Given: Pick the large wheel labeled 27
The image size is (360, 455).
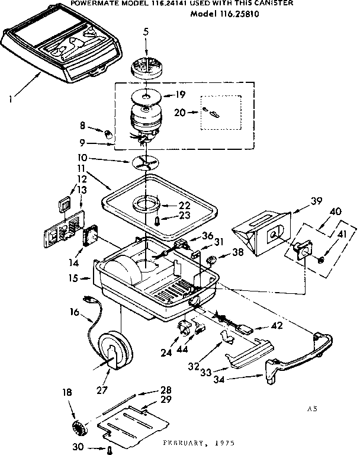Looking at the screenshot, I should click(x=114, y=352).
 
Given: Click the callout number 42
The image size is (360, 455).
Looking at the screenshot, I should click(x=277, y=326).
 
